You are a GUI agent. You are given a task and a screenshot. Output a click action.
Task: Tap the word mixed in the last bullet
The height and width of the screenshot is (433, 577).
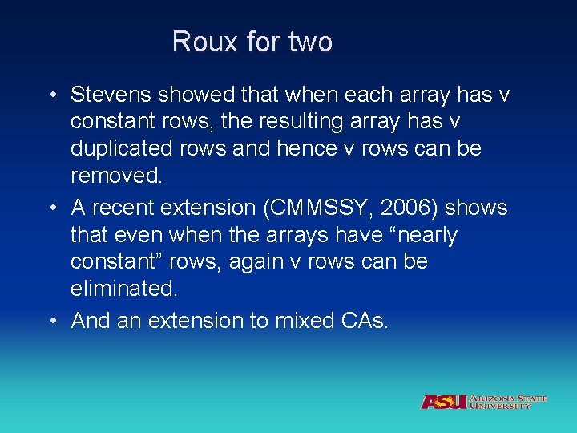click(301, 321)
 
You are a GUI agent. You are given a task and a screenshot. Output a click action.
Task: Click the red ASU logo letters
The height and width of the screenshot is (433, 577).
click(444, 401)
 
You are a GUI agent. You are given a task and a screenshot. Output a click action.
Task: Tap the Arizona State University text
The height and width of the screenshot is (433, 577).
click(509, 402)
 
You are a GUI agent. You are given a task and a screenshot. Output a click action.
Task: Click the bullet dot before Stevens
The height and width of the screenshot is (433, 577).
click(50, 96)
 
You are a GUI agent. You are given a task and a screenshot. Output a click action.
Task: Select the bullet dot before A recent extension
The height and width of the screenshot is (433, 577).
click(50, 208)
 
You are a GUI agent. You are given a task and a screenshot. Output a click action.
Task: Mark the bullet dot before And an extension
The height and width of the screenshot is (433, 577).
click(50, 322)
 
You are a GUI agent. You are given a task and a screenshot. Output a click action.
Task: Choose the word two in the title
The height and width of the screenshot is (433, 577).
click(309, 42)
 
